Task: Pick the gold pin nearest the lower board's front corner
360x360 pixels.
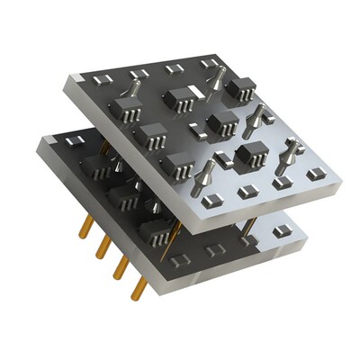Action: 139,287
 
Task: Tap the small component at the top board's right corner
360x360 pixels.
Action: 314,173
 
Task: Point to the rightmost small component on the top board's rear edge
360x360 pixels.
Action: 209,62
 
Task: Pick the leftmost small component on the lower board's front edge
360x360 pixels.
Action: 180,260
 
